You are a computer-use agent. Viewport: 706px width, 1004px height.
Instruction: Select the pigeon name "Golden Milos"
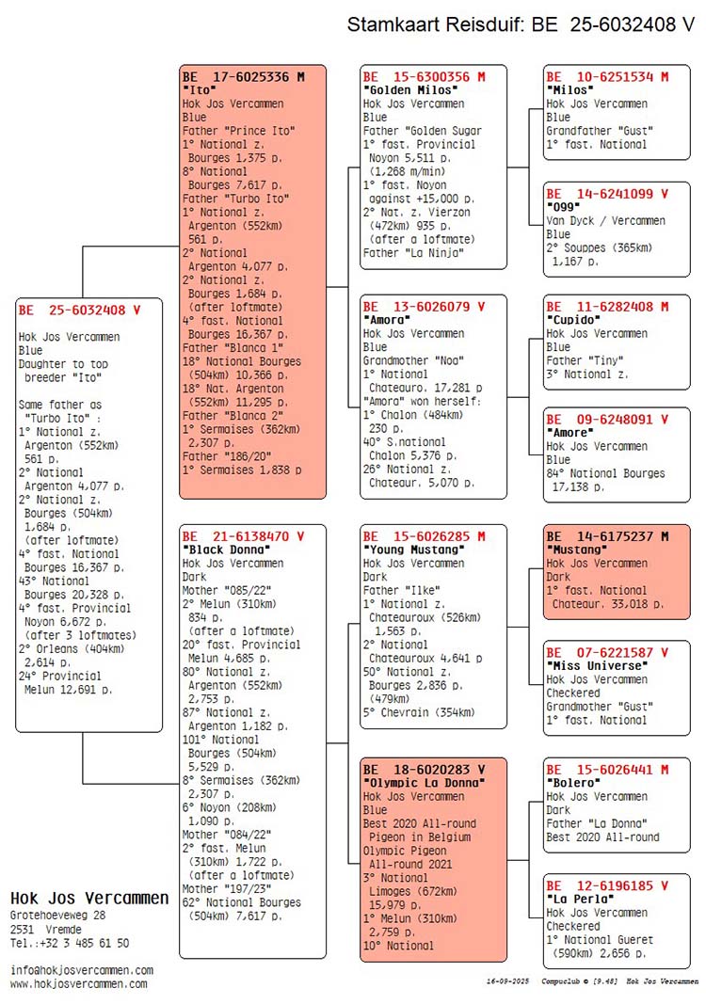coord(410,90)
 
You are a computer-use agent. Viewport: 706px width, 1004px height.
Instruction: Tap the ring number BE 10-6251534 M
coord(607,77)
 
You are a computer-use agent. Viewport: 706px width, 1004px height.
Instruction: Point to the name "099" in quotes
coord(563,207)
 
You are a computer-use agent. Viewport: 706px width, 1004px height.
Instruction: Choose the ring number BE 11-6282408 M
coord(607,307)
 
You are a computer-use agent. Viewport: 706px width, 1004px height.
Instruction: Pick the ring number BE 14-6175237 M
coord(607,536)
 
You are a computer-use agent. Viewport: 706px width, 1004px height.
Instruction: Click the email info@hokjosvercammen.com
coord(82,970)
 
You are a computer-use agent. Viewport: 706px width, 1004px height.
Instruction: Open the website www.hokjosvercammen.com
coord(79,984)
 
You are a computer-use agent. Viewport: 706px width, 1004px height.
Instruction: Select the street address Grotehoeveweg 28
coord(57,916)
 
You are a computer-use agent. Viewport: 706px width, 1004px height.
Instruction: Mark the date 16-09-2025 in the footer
coord(508,981)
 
